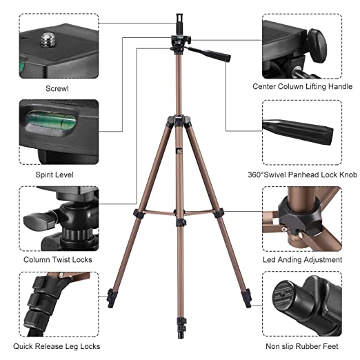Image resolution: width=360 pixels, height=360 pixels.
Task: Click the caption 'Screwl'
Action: coord(57,88)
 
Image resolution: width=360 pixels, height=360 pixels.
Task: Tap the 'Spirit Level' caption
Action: coord(54,174)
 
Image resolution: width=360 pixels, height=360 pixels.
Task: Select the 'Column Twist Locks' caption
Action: coord(58,260)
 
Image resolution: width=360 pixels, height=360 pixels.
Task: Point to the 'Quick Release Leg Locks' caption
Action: coord(57,346)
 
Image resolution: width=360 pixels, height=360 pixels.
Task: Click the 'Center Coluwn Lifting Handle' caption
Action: coord(302,86)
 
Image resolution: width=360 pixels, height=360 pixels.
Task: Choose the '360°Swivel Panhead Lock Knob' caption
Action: coord(302,174)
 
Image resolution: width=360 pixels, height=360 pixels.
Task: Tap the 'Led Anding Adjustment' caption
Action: coord(302,260)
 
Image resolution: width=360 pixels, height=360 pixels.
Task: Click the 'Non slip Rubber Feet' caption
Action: coord(302,346)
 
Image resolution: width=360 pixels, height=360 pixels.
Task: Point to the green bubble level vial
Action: coord(51,121)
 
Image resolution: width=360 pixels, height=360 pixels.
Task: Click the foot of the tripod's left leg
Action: coord(112,298)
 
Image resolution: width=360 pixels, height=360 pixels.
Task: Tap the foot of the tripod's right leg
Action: coord(246,298)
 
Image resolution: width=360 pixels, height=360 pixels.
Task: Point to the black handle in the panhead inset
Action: coord(298,132)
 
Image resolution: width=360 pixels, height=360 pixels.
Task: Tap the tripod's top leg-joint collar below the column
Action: coord(179,121)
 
